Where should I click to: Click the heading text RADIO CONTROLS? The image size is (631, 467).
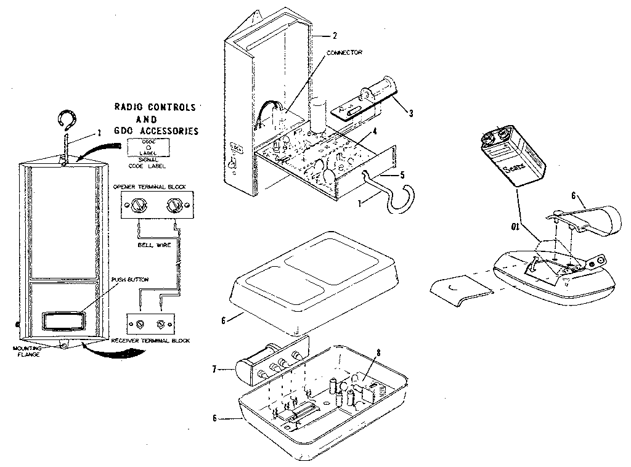pos(155,107)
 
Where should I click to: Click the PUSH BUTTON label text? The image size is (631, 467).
pos(130,280)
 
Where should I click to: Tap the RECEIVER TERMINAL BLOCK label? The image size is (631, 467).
pos(150,340)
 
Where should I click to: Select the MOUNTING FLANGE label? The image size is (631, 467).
pos(26,351)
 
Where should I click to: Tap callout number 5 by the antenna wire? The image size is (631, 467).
pos(402,174)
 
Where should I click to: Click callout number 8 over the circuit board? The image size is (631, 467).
pos(378,354)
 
